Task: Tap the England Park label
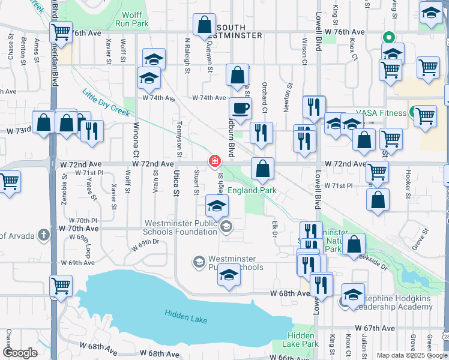click(x=251, y=191)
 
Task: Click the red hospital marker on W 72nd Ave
click(x=214, y=161)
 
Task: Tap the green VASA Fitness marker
click(x=414, y=112)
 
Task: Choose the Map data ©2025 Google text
click(x=412, y=355)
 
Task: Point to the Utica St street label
click(x=176, y=184)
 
